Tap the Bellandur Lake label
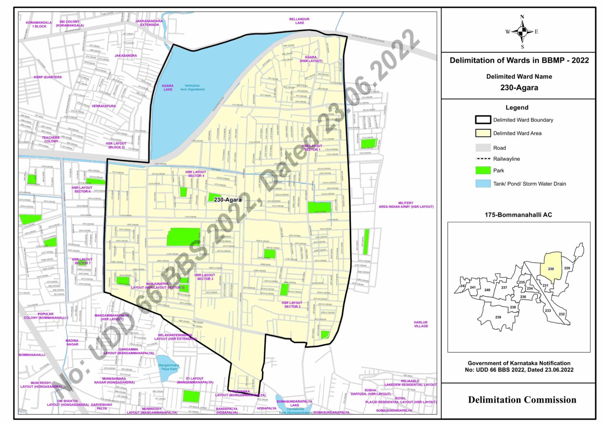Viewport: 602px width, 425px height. [299, 21]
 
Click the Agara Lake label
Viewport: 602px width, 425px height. [168, 88]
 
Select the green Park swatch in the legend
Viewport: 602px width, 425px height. [483, 170]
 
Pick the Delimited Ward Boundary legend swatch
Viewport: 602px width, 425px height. [483, 120]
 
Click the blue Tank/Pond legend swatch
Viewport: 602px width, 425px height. [483, 184]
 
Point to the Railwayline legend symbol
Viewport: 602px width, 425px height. [483, 159]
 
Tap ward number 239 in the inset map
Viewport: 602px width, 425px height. [498, 317]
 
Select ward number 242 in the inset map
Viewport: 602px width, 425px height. [463, 286]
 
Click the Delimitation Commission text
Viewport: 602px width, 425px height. [522, 400]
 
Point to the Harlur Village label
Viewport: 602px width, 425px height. [421, 324]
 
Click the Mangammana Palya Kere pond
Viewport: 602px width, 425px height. [168, 367]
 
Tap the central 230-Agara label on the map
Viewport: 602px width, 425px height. [228, 200]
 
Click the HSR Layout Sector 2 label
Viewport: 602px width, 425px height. [292, 304]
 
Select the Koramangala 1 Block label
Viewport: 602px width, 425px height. [39, 24]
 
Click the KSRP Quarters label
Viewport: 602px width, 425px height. [48, 77]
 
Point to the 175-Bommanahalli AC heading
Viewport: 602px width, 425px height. [518, 215]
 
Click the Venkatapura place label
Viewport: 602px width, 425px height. [104, 106]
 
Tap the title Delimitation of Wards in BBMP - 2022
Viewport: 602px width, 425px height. [519, 60]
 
